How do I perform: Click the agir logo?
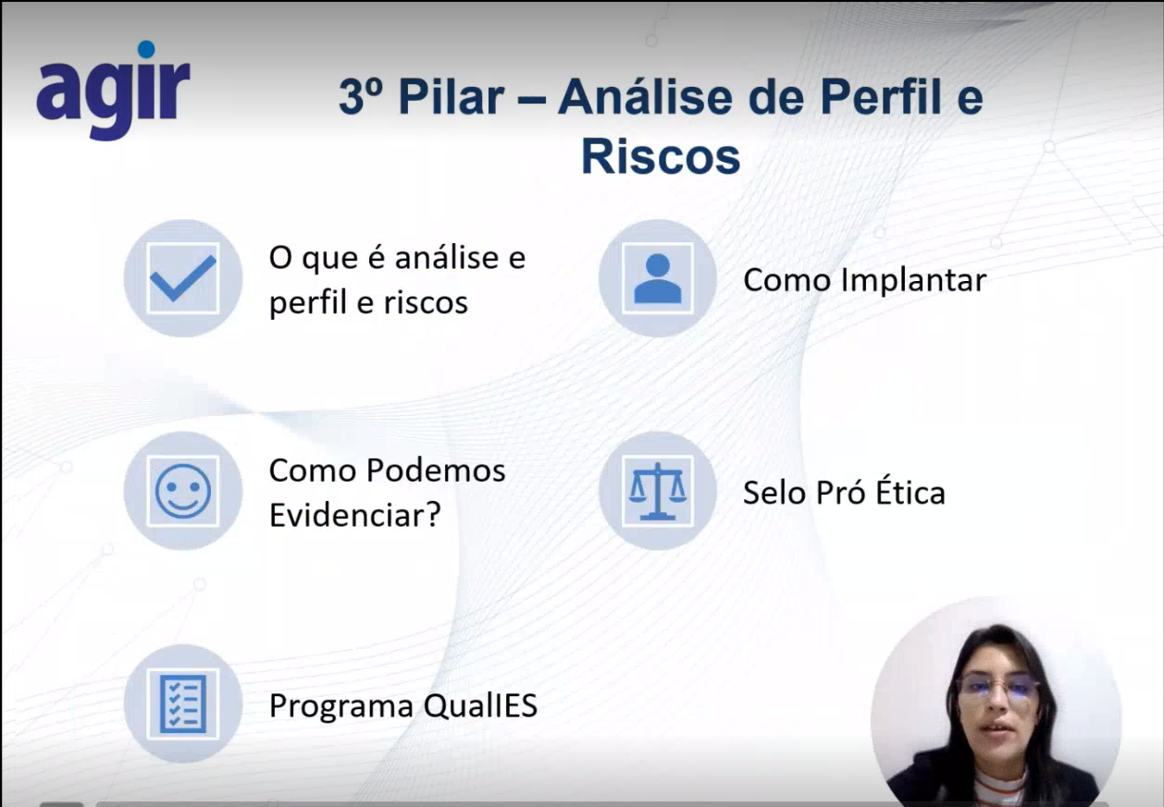[x=113, y=91]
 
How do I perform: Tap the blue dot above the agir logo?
[x=146, y=49]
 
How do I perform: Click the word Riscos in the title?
[x=661, y=156]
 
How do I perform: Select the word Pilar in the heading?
[x=451, y=97]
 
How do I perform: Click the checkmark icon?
[x=183, y=278]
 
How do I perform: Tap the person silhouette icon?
[x=657, y=278]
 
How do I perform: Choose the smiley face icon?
[x=183, y=491]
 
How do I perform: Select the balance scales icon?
[x=657, y=491]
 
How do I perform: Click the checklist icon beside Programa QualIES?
[x=183, y=704]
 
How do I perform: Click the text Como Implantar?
[x=865, y=280]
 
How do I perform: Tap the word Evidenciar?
[x=355, y=514]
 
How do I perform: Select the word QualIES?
[x=480, y=705]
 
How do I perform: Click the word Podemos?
[x=436, y=470]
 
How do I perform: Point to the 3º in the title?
[x=361, y=95]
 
